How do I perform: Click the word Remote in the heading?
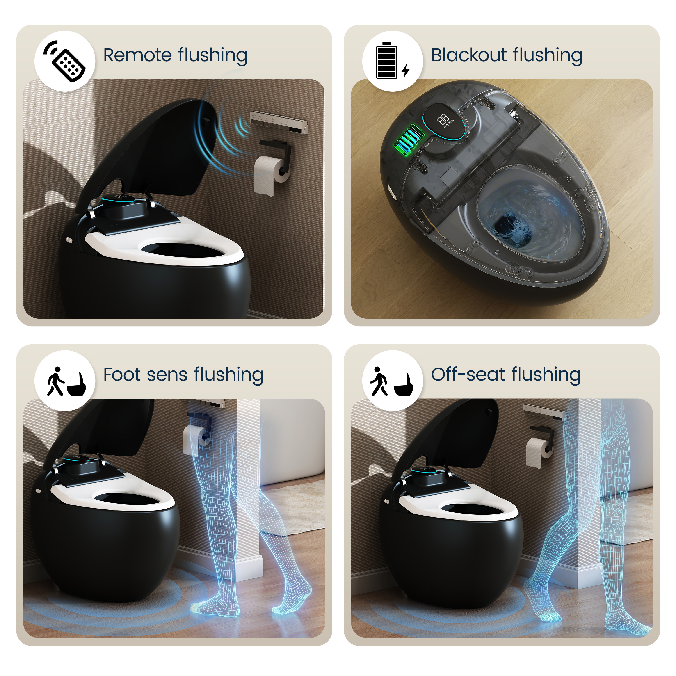137,55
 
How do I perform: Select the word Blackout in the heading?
469,55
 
